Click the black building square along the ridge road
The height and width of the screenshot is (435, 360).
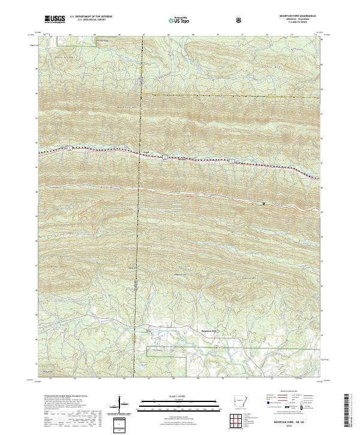pos(262,203)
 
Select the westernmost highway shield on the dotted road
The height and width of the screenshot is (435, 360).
pos(69,147)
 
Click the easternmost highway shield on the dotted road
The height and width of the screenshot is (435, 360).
pos(230,161)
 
